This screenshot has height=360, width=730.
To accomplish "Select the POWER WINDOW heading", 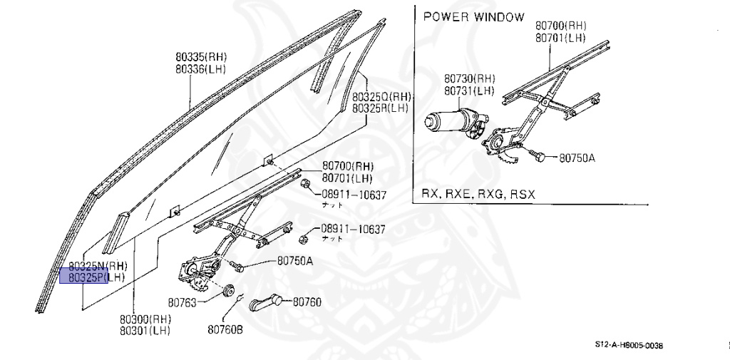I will coord(473,16).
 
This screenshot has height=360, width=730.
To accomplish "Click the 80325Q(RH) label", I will coord(381,97).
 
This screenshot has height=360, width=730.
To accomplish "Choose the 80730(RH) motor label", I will coord(469,78).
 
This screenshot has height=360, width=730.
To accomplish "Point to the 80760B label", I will coord(225,329).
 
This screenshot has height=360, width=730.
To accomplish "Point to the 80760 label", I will coord(304,302).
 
